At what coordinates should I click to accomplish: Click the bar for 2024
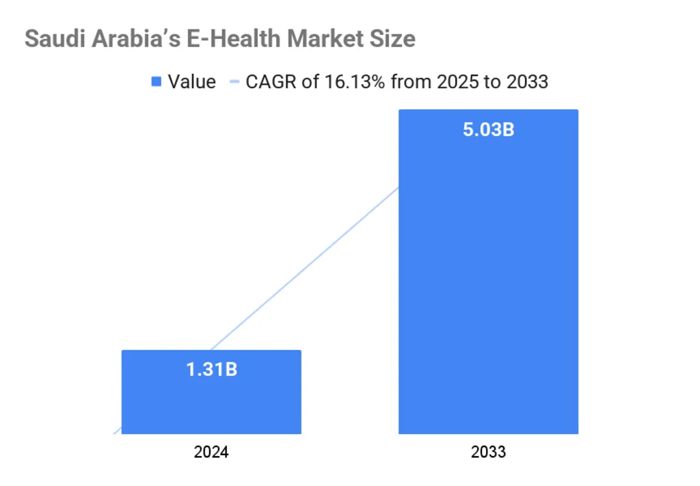tap(211, 403)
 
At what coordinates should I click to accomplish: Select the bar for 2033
tap(488, 287)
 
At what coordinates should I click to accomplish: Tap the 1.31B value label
tap(211, 370)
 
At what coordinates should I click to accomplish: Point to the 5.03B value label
tap(488, 129)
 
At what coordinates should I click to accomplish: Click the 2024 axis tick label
tap(211, 453)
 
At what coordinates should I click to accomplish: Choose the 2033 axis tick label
tap(488, 453)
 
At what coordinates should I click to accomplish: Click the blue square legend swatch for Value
tap(156, 83)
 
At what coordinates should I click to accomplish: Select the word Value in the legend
tap(192, 82)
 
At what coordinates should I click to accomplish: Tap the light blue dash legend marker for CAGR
tap(234, 83)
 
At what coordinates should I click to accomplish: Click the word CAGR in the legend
tap(268, 82)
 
